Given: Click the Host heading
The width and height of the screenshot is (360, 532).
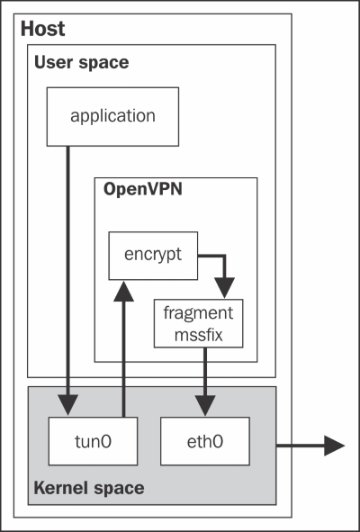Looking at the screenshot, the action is [x=43, y=29].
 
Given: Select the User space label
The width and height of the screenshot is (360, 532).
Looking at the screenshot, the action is [x=81, y=63].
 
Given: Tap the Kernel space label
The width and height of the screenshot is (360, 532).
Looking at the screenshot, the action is [x=89, y=488].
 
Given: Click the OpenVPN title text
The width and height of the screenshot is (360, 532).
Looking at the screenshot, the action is [x=143, y=189].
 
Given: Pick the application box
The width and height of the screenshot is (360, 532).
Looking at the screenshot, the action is [x=112, y=117].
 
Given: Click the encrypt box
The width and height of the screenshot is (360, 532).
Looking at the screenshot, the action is [x=153, y=256].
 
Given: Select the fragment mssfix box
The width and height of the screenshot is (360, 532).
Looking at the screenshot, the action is [x=199, y=323].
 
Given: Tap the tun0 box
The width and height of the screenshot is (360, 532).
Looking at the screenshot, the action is [x=93, y=441].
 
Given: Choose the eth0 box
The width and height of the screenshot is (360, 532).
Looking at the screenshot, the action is [x=205, y=441].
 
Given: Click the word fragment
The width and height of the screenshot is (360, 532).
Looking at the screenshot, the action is [x=199, y=313].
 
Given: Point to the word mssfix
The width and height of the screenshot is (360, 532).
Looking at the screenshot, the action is [x=199, y=334].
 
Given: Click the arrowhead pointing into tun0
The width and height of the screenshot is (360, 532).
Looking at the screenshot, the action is [x=67, y=405].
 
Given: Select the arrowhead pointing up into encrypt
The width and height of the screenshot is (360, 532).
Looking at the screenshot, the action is [x=123, y=291].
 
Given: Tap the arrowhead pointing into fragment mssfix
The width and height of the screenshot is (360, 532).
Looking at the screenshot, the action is [x=225, y=288].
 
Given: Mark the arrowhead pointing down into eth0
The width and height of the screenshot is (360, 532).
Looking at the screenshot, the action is [x=205, y=405].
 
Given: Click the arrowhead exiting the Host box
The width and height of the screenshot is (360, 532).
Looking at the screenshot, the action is [x=334, y=446].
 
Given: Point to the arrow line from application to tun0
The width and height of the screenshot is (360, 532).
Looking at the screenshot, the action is [x=67, y=281].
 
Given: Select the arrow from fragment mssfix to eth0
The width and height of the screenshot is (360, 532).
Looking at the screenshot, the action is [x=205, y=382].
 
